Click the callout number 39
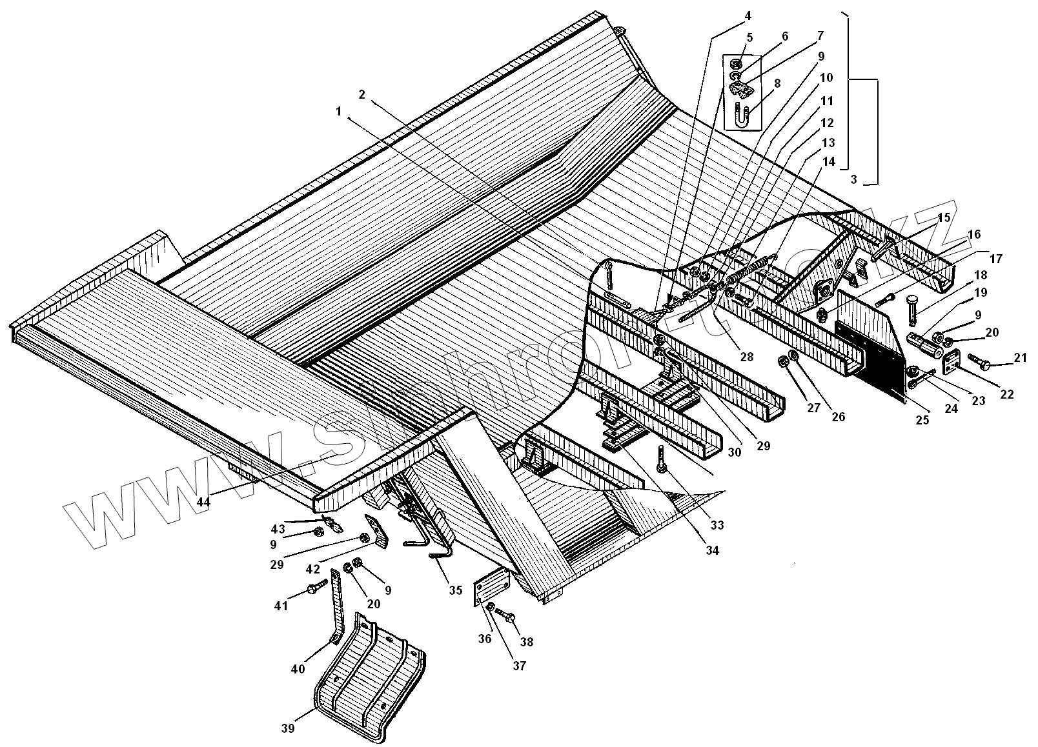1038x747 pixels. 288,728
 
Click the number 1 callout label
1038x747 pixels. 338,111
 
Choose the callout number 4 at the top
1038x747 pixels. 730,15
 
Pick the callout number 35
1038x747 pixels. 456,590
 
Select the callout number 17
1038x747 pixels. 995,259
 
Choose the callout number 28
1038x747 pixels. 746,357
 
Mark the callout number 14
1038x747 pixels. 829,161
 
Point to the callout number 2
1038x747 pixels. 362,94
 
